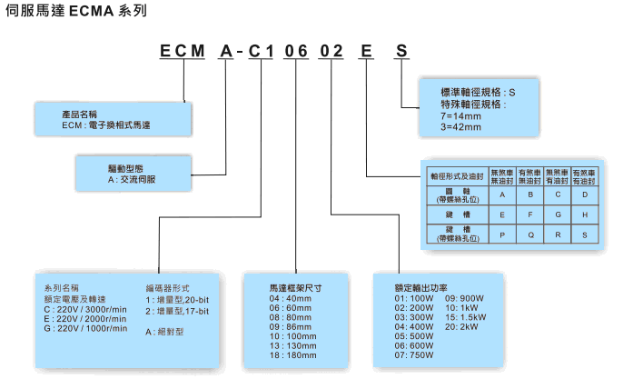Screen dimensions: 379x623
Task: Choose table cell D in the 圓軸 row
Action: pos(585,194)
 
